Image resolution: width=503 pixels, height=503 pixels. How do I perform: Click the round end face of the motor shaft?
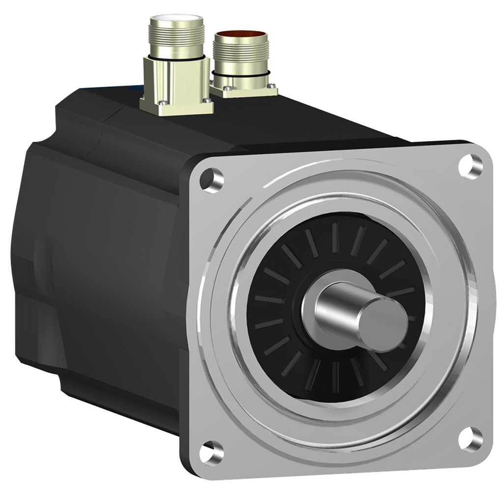[383, 321]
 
